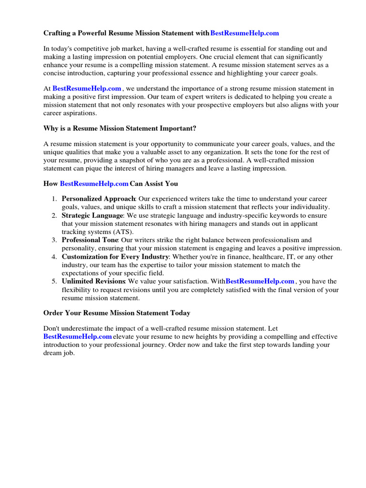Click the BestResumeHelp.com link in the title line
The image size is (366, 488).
[244, 33]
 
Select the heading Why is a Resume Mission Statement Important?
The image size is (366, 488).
[120, 128]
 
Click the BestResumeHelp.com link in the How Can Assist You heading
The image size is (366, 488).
[94, 183]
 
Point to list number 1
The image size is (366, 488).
[55, 199]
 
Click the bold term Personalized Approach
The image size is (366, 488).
[99, 199]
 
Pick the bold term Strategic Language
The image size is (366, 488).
[92, 215]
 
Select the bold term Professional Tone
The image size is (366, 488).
[90, 240]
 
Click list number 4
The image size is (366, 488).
[55, 257]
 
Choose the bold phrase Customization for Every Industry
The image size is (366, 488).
[115, 257]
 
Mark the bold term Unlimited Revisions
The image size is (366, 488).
[93, 282]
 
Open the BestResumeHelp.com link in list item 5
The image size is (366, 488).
[260, 282]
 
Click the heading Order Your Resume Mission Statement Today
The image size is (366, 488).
[117, 313]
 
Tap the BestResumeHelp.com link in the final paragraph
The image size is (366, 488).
[78, 336]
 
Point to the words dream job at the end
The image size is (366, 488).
[59, 353]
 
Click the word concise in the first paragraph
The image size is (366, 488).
[57, 73]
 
